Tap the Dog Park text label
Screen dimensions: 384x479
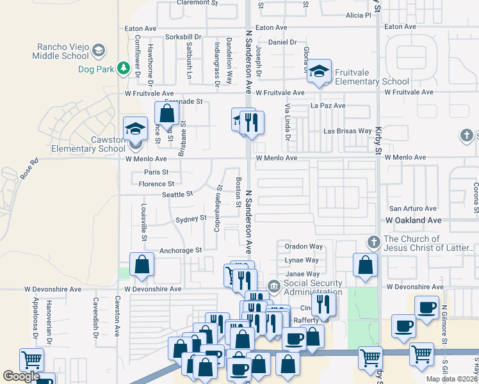click(x=96, y=69)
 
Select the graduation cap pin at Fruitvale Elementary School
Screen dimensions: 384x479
click(x=319, y=72)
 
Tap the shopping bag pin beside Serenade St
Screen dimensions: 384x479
click(x=166, y=115)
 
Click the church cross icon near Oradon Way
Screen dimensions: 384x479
click(x=373, y=243)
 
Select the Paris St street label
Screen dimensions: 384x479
click(x=156, y=172)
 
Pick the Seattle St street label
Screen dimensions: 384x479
click(x=177, y=195)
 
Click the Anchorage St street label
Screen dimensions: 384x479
click(x=181, y=250)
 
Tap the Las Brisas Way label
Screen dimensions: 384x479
click(x=347, y=131)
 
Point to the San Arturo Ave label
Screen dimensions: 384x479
click(x=413, y=209)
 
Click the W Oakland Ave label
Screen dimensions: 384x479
click(x=414, y=220)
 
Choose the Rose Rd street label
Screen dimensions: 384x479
click(x=31, y=169)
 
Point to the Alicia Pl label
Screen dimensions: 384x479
click(x=358, y=15)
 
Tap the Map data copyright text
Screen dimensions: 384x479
click(x=451, y=379)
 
